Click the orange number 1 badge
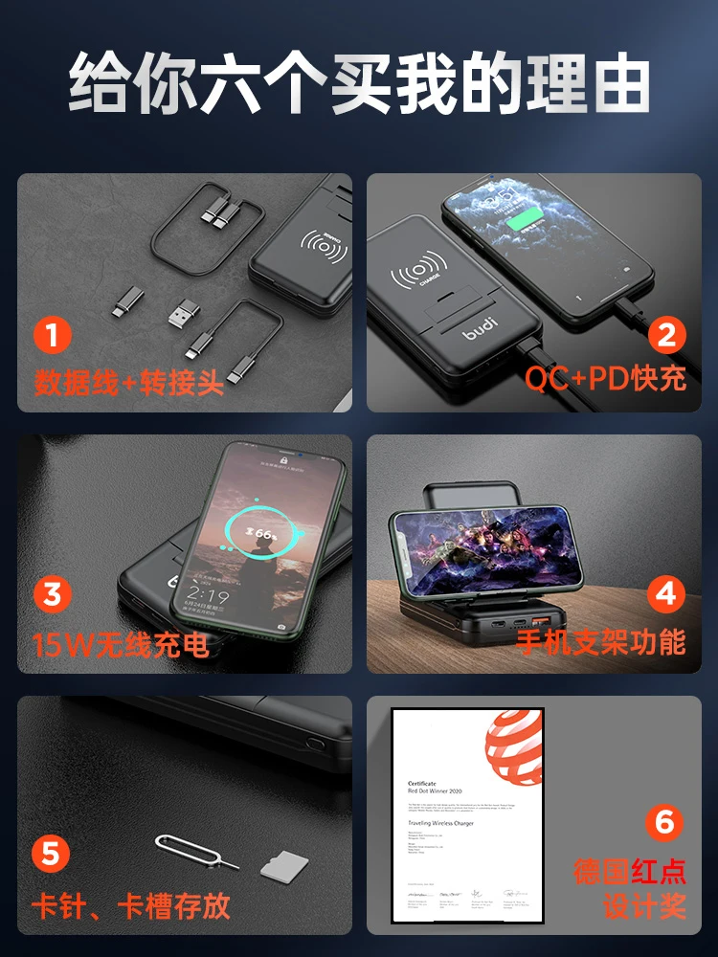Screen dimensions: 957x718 [x=53, y=335]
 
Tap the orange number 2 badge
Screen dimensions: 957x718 [x=666, y=335]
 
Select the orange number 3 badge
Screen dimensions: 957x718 [x=53, y=595]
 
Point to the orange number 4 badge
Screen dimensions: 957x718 [x=666, y=595]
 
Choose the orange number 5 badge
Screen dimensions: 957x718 [x=53, y=854]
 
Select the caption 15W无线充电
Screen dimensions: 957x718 [x=121, y=643]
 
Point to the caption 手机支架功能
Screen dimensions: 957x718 [x=601, y=641]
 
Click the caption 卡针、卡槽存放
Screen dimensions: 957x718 [x=132, y=903]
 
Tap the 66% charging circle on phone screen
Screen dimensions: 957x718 [x=259, y=531]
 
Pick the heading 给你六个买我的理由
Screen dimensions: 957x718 [x=359, y=83]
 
